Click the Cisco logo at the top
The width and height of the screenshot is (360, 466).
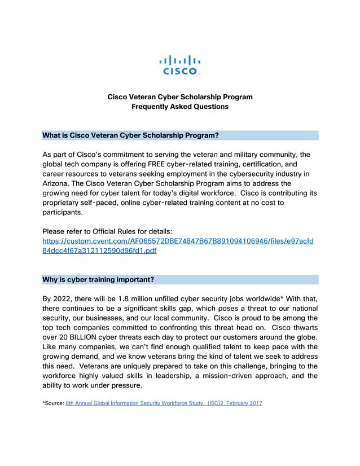pos(180,64)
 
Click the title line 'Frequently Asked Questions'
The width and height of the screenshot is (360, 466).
pos(180,106)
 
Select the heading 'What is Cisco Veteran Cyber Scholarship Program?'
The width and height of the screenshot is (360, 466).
pos(130,135)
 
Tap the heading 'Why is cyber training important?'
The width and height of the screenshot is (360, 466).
pos(98,279)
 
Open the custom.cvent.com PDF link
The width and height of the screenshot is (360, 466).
pos(178,246)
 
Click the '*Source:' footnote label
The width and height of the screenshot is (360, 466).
pos(53,403)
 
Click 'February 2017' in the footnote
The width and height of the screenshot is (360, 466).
pos(244,403)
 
